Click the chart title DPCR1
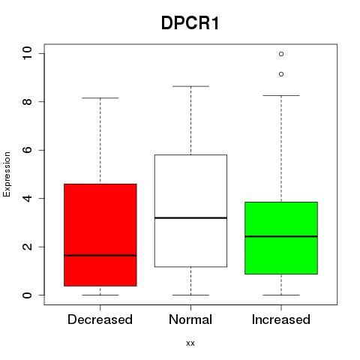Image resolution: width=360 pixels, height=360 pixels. click(190, 23)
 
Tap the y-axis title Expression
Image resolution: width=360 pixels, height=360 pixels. click(7, 175)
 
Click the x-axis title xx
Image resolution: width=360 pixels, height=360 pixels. click(190, 343)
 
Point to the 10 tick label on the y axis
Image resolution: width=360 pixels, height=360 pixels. click(27, 53)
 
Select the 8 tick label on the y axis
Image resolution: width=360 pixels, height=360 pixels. click(27, 101)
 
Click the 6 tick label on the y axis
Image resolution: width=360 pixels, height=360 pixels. click(27, 150)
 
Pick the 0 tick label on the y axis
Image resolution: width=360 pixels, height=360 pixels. click(27, 295)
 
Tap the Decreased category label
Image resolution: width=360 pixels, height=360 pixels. click(100, 319)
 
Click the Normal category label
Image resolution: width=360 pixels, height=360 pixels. click(190, 319)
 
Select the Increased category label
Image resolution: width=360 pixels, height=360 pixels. click(281, 319)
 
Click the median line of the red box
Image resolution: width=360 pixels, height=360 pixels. click(100, 256)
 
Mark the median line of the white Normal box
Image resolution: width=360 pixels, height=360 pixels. click(190, 218)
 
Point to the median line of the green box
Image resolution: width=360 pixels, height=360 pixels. click(281, 236)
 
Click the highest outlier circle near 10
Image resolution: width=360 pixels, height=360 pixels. click(281, 54)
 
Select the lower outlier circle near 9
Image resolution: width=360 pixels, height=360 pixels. click(281, 74)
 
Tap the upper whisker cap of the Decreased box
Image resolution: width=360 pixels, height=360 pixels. click(100, 98)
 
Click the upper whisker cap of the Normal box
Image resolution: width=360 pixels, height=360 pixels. click(190, 86)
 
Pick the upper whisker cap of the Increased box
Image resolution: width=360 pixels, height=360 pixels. click(281, 95)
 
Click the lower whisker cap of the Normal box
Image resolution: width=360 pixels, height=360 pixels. click(190, 295)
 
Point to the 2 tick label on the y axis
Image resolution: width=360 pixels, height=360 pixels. click(27, 247)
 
